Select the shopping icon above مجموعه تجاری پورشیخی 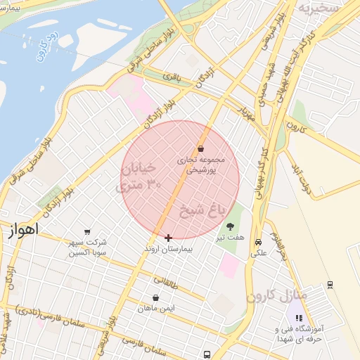[x=201, y=149]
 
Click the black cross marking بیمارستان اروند [x=168, y=238]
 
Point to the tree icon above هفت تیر [x=230, y=226]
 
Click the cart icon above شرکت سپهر [x=87, y=231]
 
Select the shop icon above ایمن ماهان [x=155, y=297]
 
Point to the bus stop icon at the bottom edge [x=207, y=354]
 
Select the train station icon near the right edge [x=330, y=285]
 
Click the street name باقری [x=173, y=76]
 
